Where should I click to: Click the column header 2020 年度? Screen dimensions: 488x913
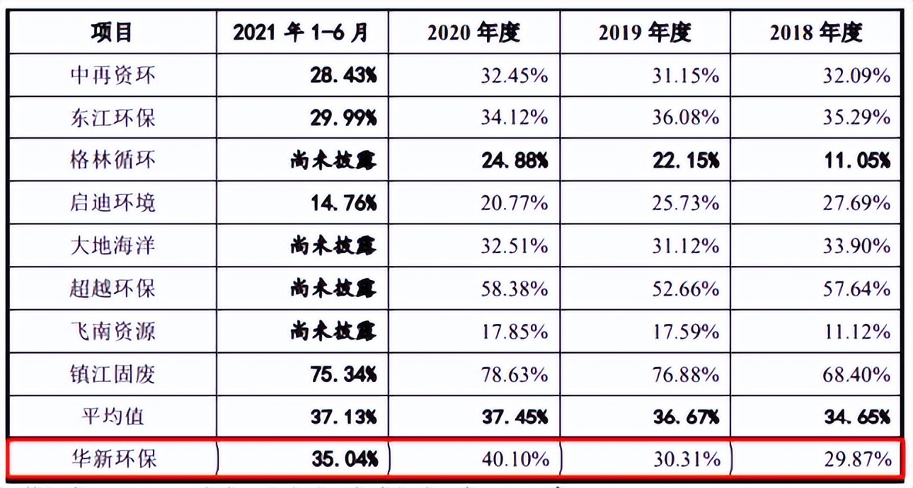pos(473,33)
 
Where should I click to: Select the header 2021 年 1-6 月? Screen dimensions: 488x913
pos(302,33)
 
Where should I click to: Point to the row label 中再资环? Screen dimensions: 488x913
pos(113,76)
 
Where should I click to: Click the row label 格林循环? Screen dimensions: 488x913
pos(113,161)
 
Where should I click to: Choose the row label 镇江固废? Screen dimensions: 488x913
pos(113,373)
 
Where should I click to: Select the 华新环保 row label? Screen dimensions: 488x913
pos(113,459)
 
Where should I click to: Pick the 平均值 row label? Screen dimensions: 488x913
pos(113,416)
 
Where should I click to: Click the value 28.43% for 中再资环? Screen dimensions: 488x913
pos(343,76)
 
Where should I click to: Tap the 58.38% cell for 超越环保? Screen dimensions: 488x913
pos(515,289)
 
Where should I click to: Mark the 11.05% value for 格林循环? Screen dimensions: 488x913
pos(857,161)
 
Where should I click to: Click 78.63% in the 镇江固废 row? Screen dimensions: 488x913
pos(515,373)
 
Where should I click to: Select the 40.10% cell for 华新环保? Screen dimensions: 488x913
pos(515,459)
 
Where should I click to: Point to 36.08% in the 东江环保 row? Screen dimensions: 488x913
pos(686,118)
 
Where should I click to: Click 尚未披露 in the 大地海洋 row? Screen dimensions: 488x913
pos(333,246)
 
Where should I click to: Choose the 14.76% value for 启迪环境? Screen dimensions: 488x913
pos(343,204)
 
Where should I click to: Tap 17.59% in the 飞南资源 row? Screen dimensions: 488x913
pos(686,331)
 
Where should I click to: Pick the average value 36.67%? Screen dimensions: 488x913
pos(686,416)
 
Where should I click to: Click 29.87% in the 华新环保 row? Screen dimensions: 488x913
pos(857,459)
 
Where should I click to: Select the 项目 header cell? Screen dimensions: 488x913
pos(113,33)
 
